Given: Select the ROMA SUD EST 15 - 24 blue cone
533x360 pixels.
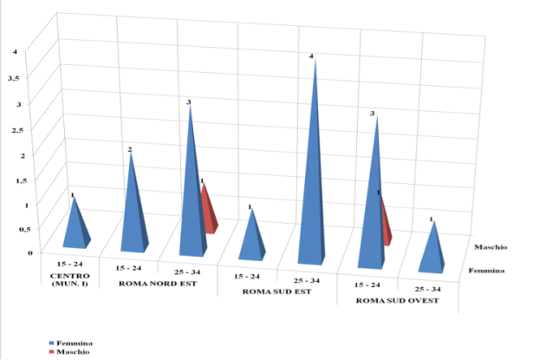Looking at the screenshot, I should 252,236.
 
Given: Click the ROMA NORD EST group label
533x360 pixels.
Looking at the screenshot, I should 153,285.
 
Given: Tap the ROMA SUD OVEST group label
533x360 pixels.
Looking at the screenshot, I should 400,301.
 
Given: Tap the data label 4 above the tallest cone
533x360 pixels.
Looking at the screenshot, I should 312,56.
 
